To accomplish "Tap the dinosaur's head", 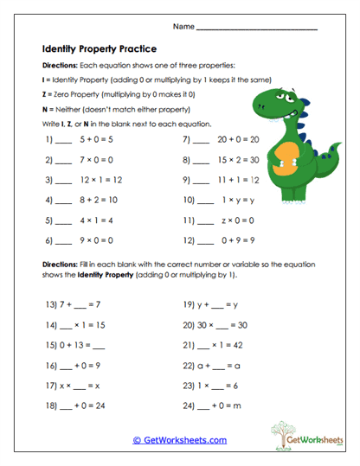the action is click(277, 103).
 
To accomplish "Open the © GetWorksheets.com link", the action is click(179, 439).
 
